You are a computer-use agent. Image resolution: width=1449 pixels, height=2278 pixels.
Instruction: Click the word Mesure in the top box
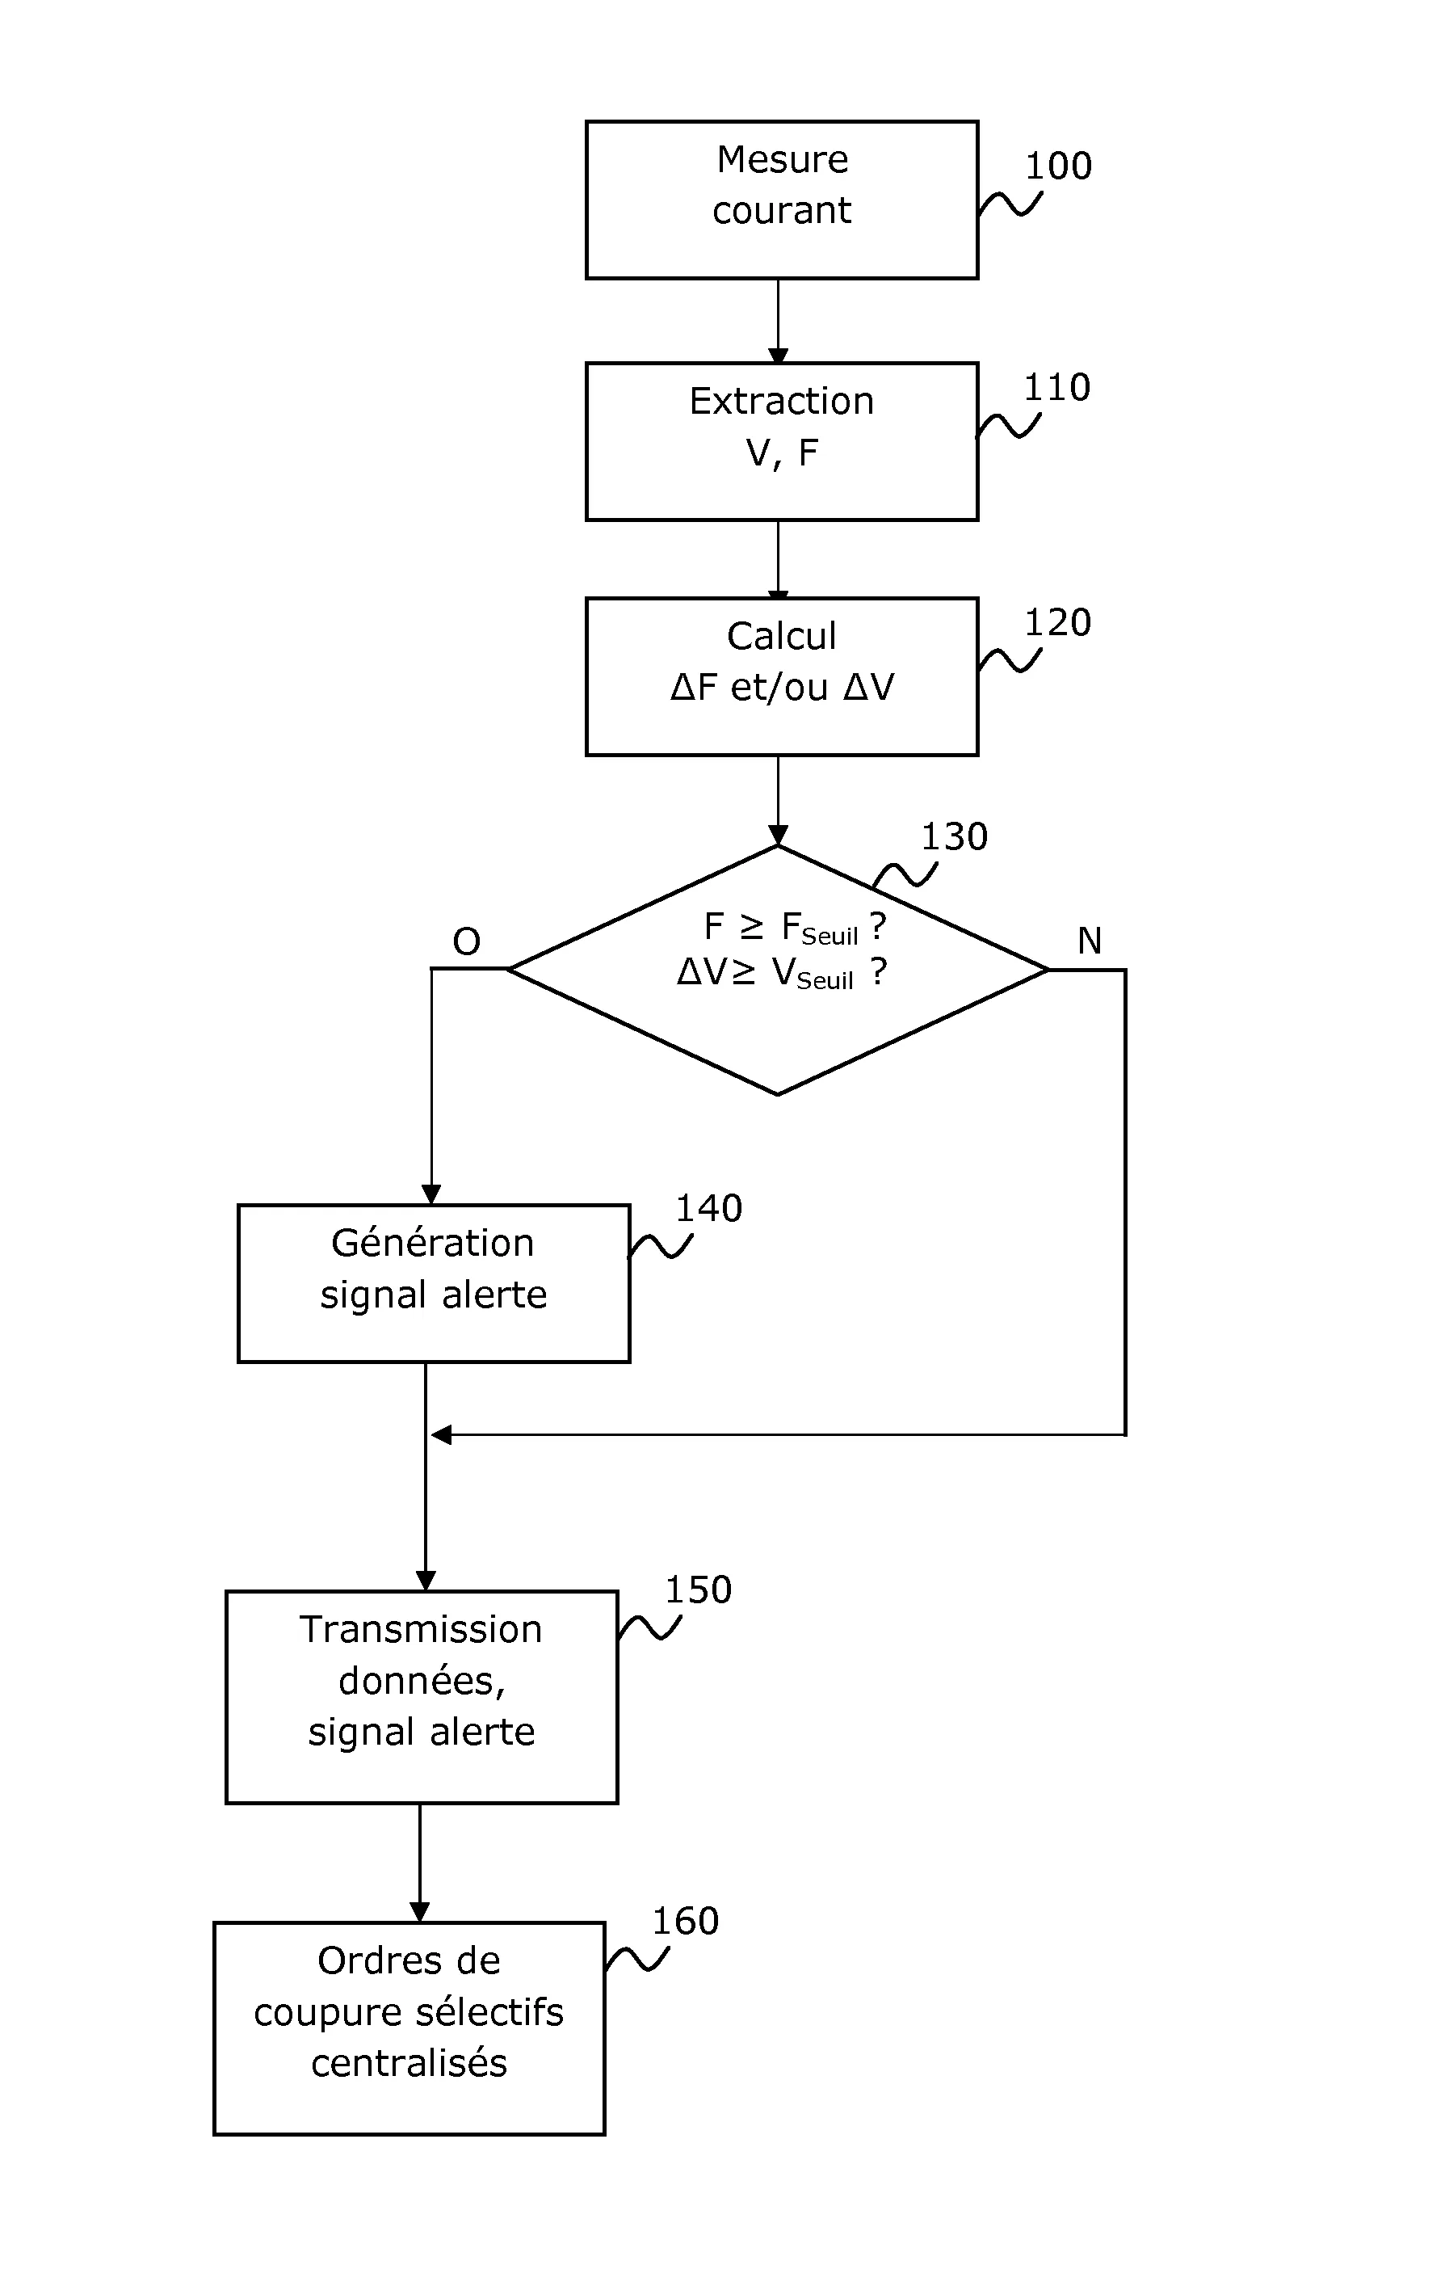tap(781, 160)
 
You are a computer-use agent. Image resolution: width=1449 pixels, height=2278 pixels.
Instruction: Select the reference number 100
tap(1058, 166)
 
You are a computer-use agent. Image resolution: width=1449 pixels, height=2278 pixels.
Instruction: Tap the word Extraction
tap(781, 402)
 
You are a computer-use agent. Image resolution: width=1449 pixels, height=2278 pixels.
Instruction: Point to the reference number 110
tap(1056, 388)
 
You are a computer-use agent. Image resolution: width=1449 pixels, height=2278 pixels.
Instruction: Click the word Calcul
tap(781, 637)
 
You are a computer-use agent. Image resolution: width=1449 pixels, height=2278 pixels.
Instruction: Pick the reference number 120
tap(1057, 623)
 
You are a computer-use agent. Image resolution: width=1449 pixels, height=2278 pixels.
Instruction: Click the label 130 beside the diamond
tap(955, 837)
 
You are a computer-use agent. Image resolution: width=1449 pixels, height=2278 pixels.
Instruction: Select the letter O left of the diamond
tap(466, 942)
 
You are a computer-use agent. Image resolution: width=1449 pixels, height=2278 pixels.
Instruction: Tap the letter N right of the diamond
tap(1090, 941)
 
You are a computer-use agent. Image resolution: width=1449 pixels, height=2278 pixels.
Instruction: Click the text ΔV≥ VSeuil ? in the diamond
tap(781, 974)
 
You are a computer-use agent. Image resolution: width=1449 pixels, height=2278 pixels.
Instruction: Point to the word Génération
tap(432, 1244)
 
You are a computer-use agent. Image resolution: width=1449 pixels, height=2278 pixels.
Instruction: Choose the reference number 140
tap(708, 1209)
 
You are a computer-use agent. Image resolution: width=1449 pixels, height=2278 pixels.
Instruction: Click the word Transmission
tap(421, 1630)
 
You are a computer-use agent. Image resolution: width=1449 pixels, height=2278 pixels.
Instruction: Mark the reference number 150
tap(698, 1590)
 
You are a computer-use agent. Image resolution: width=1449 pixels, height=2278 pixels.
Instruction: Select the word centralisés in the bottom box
tap(409, 2063)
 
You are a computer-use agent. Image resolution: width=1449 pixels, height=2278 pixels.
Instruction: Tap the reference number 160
tap(685, 1922)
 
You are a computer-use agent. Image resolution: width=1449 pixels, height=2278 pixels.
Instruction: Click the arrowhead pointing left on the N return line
tap(441, 1435)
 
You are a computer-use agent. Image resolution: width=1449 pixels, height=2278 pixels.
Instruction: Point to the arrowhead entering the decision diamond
tap(778, 836)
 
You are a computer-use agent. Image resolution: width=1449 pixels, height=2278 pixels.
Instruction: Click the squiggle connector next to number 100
tap(1010, 204)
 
